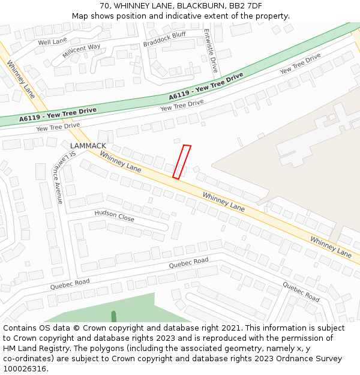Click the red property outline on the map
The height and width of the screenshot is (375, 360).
(x=182, y=162)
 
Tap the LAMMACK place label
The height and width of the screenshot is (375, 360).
(x=88, y=146)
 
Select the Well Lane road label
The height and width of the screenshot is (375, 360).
(x=52, y=41)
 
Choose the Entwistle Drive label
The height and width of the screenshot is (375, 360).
(x=211, y=50)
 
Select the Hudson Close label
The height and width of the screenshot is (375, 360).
(x=114, y=215)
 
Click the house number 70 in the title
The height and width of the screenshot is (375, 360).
(x=105, y=6)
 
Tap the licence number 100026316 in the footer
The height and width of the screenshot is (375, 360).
(x=25, y=369)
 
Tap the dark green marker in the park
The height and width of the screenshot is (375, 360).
(x=113, y=317)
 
